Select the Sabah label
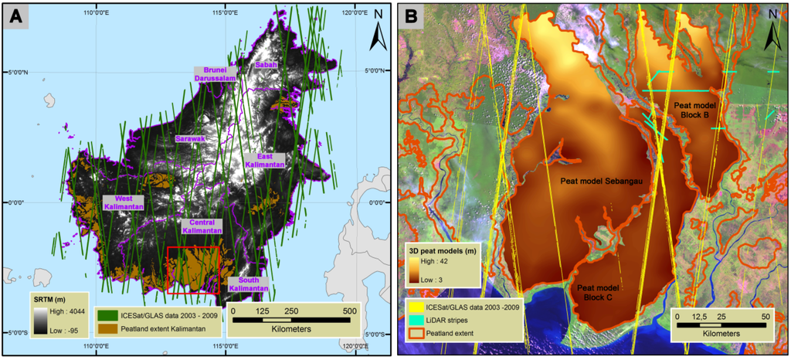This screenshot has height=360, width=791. click(x=265, y=66)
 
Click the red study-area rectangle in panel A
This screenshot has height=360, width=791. click(x=194, y=270)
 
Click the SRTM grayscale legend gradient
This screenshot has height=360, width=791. click(x=39, y=318)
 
